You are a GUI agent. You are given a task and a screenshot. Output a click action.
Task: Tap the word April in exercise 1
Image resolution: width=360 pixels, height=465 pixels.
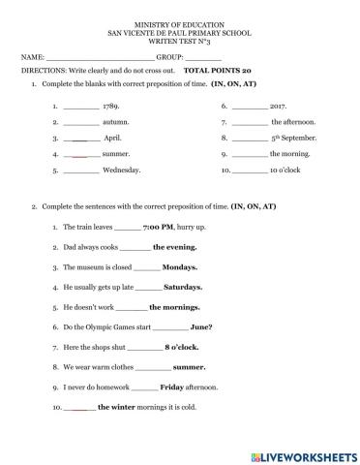click(x=112, y=139)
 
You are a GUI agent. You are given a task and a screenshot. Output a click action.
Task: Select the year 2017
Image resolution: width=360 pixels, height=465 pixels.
click(x=280, y=108)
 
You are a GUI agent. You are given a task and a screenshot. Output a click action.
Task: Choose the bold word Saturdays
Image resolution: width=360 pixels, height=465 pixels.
click(x=183, y=287)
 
